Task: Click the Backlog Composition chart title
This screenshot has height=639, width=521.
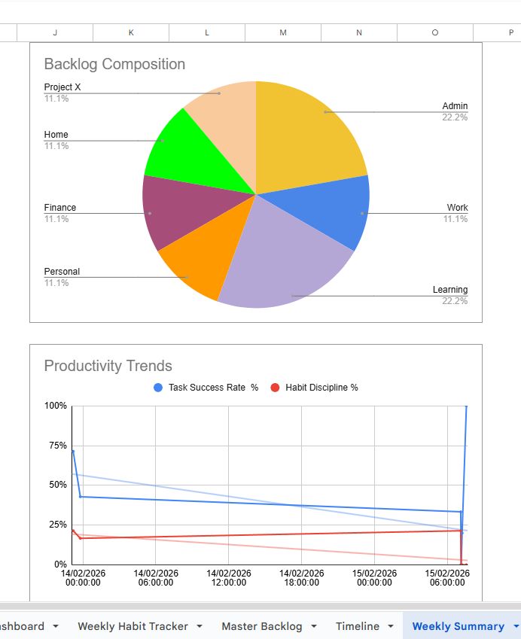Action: [114, 64]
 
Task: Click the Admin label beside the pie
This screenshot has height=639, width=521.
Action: [455, 106]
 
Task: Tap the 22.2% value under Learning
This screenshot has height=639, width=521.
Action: [455, 301]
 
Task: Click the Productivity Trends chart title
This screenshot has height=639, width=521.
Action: [108, 366]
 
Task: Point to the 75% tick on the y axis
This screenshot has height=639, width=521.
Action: [56, 446]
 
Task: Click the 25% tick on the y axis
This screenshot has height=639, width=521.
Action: [56, 525]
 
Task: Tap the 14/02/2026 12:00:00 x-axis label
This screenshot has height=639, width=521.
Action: [228, 577]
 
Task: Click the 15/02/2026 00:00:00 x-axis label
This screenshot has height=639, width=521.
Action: [374, 577]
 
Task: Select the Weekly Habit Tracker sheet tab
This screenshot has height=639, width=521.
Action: [133, 626]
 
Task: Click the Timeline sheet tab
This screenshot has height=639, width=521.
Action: [358, 626]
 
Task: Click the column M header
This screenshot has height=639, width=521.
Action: [283, 32]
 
